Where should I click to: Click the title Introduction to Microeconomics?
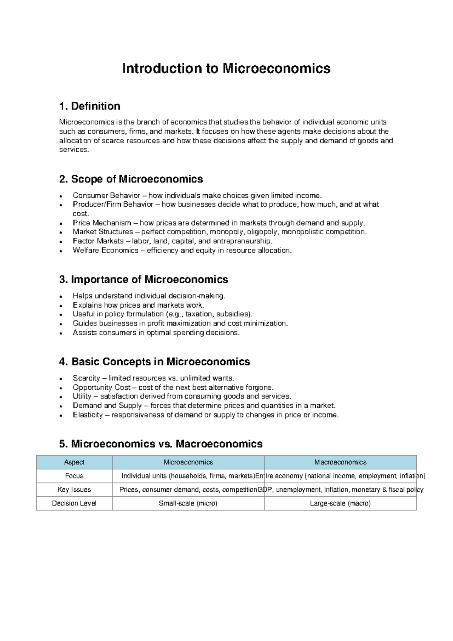pyautogui.click(x=226, y=68)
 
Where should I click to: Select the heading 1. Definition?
pyautogui.click(x=89, y=106)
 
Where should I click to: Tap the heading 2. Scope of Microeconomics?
pyautogui.click(x=131, y=179)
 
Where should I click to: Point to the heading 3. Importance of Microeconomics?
pyautogui.click(x=143, y=279)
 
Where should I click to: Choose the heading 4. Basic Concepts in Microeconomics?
pyautogui.click(x=154, y=362)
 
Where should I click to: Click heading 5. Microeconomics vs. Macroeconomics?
pyautogui.click(x=161, y=444)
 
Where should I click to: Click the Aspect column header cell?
pyautogui.click(x=74, y=462)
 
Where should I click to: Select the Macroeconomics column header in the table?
pyautogui.click(x=340, y=462)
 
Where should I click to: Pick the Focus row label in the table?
pyautogui.click(x=74, y=476)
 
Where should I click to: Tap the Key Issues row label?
pyautogui.click(x=74, y=489)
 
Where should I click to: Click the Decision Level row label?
pyautogui.click(x=74, y=503)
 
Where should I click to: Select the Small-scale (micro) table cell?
pyautogui.click(x=188, y=503)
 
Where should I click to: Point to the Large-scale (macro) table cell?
pyautogui.click(x=340, y=503)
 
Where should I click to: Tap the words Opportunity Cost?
pyautogui.click(x=102, y=387)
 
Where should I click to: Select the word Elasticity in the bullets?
pyautogui.click(x=88, y=415)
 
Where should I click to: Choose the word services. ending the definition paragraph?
pyautogui.click(x=74, y=150)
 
